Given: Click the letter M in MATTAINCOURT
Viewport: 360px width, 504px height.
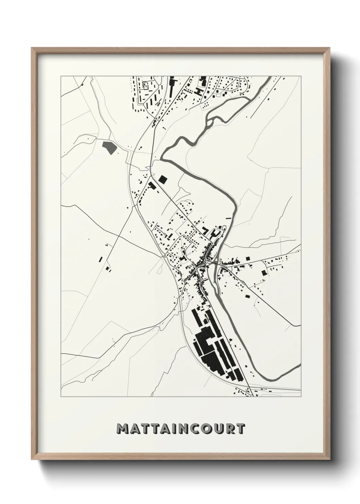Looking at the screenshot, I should tap(123, 429).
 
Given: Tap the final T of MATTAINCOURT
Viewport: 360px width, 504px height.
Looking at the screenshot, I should tap(240, 429).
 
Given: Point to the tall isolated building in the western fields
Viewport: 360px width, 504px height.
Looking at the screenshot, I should tap(100, 259).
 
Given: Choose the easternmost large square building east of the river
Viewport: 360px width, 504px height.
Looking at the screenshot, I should tap(264, 272).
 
